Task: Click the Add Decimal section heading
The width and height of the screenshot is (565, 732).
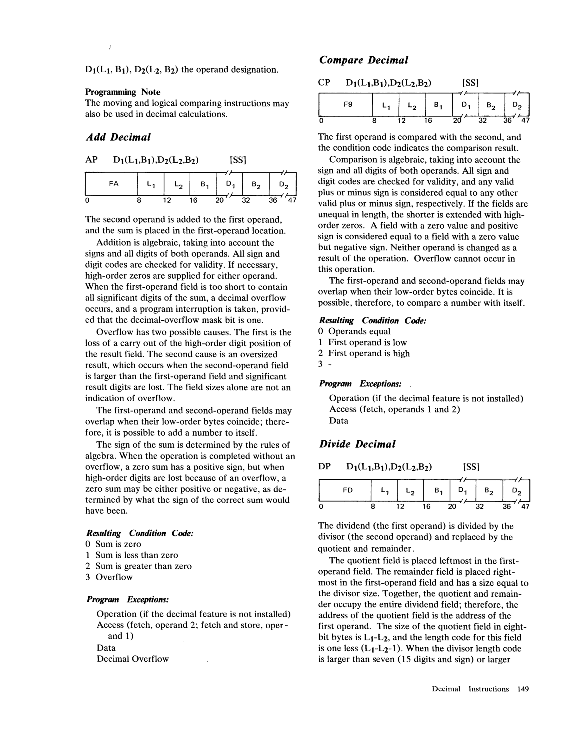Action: [x=118, y=137]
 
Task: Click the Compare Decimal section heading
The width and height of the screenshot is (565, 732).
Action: [x=363, y=60]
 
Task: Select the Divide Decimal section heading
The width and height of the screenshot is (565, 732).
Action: [x=357, y=444]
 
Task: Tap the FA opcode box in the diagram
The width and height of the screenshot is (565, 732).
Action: [x=114, y=184]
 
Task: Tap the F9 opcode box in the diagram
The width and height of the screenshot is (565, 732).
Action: [x=348, y=104]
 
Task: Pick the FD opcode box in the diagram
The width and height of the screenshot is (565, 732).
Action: [x=348, y=490]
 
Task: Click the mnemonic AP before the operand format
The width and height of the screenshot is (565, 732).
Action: [x=92, y=160]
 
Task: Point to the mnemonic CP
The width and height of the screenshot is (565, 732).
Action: [x=324, y=82]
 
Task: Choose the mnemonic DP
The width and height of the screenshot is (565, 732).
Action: [x=324, y=467]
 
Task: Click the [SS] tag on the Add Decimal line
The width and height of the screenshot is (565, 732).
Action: [x=238, y=160]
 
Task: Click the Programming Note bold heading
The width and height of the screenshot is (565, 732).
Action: [x=123, y=92]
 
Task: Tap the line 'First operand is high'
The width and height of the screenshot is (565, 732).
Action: [x=369, y=353]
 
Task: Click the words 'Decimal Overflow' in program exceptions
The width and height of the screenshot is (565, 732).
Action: [x=133, y=659]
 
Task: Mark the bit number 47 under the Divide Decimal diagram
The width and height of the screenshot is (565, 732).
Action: [x=525, y=506]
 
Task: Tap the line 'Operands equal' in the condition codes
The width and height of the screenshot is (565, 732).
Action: [x=359, y=331]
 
